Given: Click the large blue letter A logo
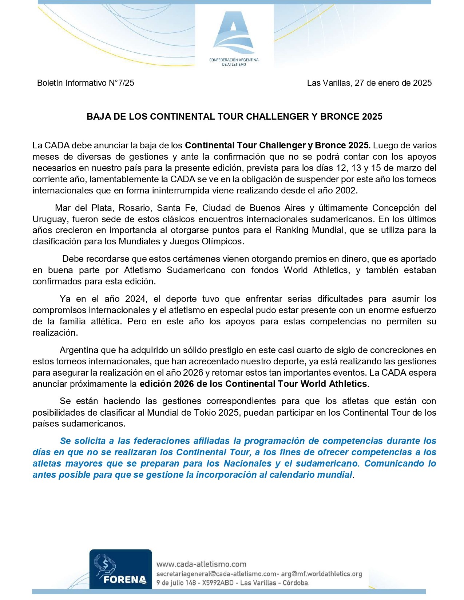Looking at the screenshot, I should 234,33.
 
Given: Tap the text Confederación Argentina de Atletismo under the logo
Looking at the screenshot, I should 234,62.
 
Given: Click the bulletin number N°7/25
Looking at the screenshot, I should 121,83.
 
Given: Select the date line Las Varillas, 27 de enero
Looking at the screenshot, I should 369,83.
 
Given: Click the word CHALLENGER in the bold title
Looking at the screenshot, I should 276,117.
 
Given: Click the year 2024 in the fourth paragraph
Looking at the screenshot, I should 135,299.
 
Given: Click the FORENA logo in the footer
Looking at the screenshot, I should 121,569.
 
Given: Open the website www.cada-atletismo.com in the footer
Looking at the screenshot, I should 201,564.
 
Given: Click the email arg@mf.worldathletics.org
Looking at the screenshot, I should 322,574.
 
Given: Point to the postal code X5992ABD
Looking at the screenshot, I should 219,583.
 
